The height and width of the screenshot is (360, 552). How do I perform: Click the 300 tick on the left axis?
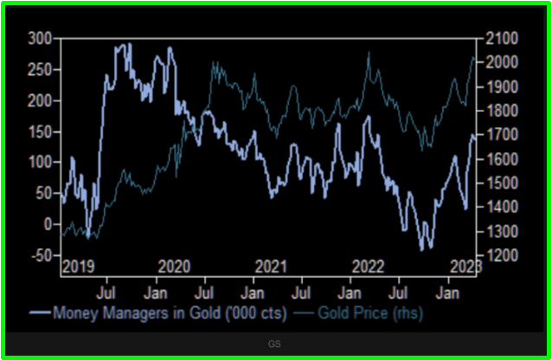40,38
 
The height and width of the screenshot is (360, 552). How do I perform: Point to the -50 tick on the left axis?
38,255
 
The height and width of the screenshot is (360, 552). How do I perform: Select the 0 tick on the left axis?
48,224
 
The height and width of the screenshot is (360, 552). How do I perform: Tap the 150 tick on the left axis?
40,132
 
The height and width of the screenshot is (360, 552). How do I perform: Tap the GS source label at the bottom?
274,344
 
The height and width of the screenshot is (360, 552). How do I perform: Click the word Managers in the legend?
132,312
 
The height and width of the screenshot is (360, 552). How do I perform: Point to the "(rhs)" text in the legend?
406,312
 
